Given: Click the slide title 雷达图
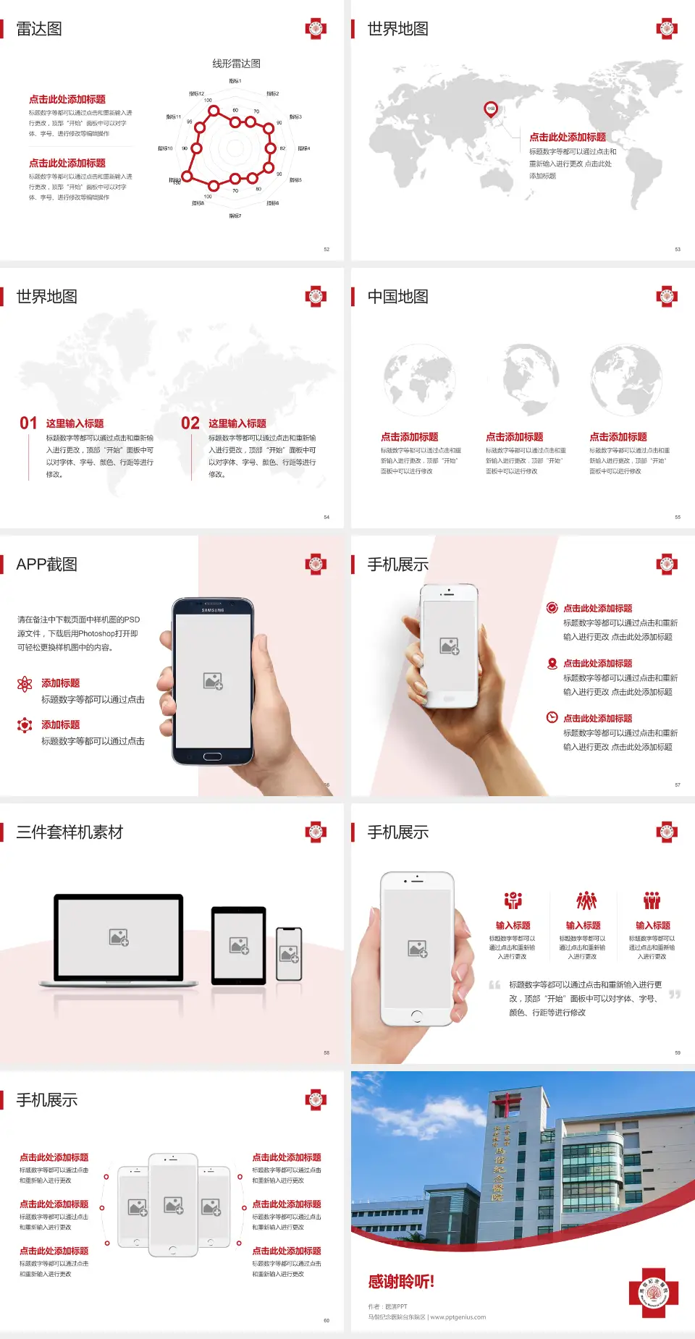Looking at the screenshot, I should point(39,29).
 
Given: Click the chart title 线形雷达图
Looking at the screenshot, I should point(236,64).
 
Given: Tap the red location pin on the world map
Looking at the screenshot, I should point(491,109).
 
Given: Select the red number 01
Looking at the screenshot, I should point(28,423).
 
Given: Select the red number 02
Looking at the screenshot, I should point(190,423).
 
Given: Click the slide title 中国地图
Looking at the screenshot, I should point(397,297).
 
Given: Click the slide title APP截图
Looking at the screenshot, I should point(46,565).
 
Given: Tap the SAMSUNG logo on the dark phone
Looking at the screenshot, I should point(213,610).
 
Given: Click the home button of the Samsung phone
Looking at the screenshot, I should point(212,756).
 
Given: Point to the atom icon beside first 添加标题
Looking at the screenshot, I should point(25,684).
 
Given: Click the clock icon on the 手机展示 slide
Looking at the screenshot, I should point(552,717).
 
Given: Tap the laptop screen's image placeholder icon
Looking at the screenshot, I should point(119,937).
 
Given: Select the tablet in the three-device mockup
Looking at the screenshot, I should point(239,945).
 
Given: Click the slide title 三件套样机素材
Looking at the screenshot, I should point(69,832).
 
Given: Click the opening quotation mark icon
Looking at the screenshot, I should point(494,985).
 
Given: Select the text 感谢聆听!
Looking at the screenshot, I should point(401,1282).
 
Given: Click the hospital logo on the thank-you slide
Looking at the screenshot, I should point(654,1293).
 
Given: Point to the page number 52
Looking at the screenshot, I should point(327,249).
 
